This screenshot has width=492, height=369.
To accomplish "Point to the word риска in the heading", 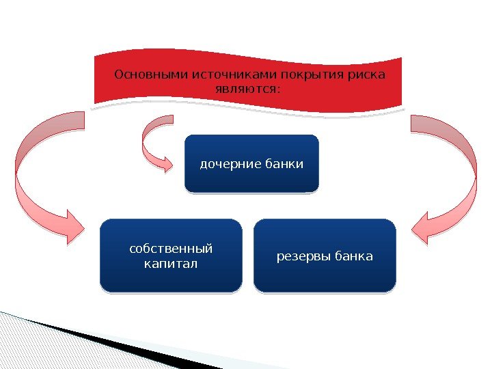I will [366, 74].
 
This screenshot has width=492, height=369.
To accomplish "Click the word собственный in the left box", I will [171, 248].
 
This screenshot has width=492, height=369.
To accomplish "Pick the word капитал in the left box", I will [171, 263].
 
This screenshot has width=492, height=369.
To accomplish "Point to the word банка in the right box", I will [353, 257].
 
